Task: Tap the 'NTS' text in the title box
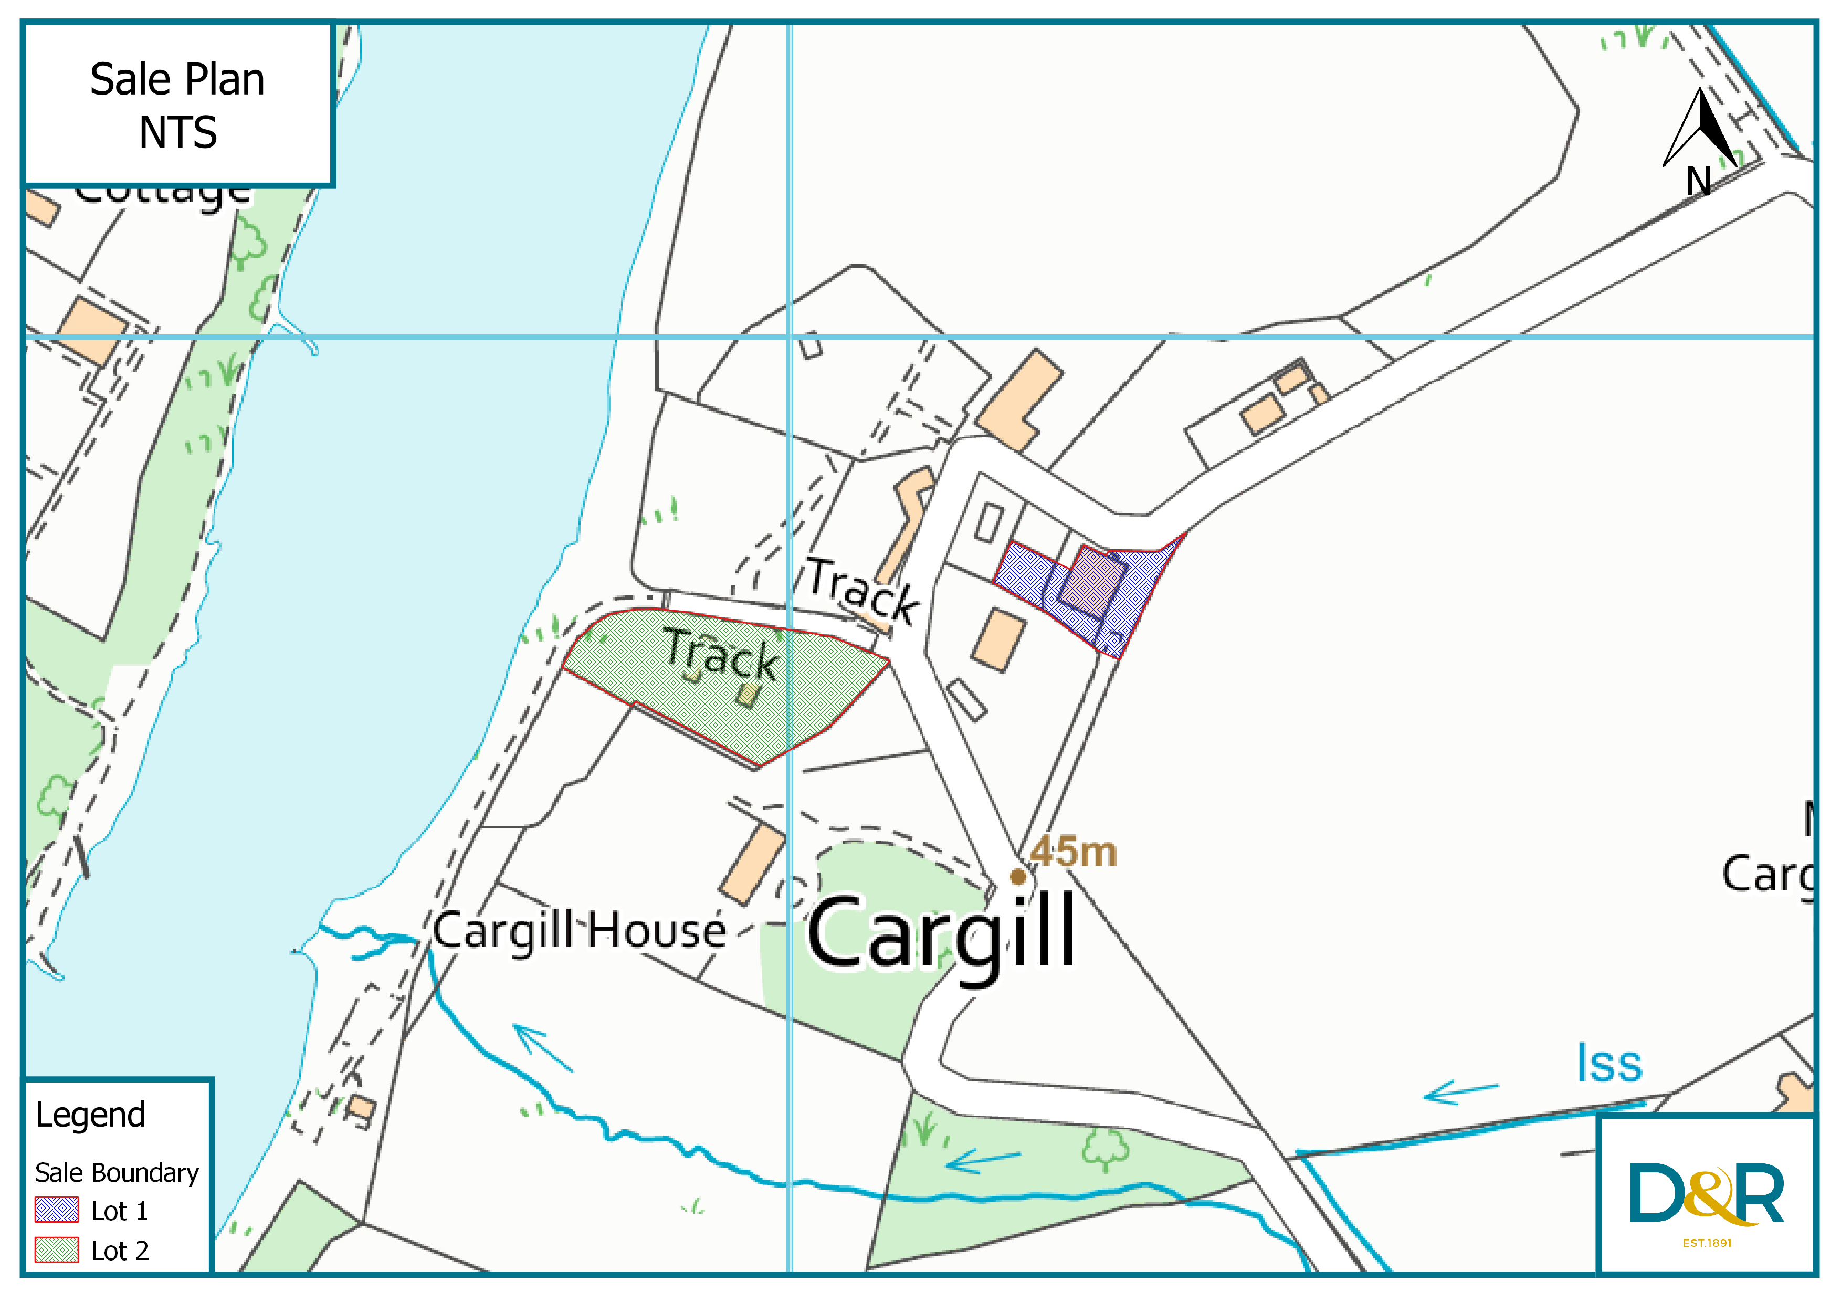pyautogui.click(x=177, y=132)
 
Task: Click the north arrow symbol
pyautogui.click(x=1700, y=132)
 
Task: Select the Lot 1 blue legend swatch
pyautogui.click(x=56, y=1209)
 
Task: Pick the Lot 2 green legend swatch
pyautogui.click(x=56, y=1249)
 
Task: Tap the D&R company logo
pyautogui.click(x=1706, y=1194)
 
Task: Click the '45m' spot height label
pyautogui.click(x=1074, y=852)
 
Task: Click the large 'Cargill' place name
pyautogui.click(x=942, y=934)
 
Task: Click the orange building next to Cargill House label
pyautogui.click(x=751, y=866)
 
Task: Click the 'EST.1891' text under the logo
pyautogui.click(x=1706, y=1243)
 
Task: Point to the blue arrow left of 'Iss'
pyautogui.click(x=1459, y=1092)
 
